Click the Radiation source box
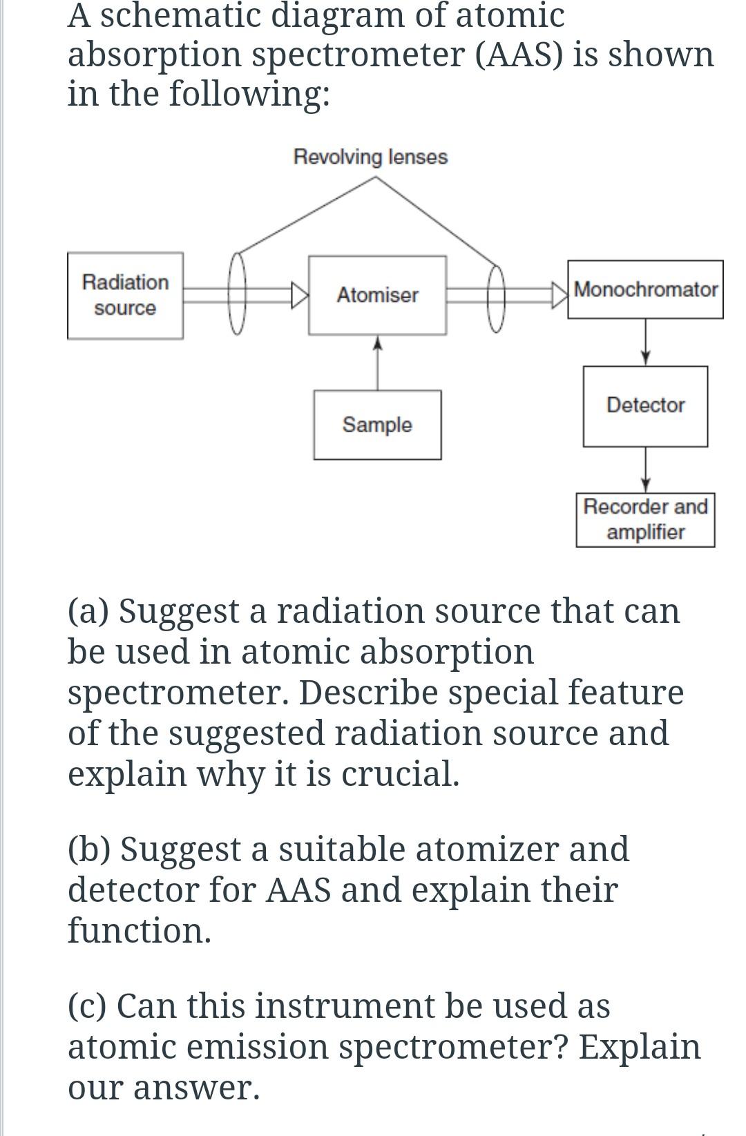point(125,295)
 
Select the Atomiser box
point(377,295)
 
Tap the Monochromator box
point(645,289)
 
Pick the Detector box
point(645,406)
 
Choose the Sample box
point(377,425)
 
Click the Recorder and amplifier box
point(645,520)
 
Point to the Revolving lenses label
point(370,157)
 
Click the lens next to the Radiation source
point(237,293)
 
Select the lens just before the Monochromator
point(497,298)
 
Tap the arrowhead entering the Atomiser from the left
point(300,295)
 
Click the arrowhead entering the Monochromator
point(560,295)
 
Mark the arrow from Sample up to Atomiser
point(377,363)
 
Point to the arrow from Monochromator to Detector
point(645,342)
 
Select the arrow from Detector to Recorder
point(645,470)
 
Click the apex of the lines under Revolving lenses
point(375,177)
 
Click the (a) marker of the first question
point(88,611)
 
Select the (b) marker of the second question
point(88,849)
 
